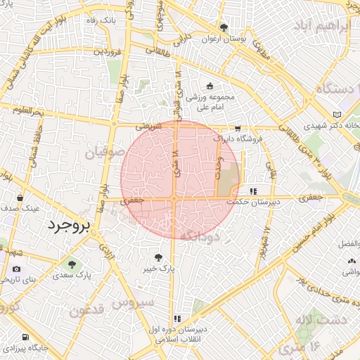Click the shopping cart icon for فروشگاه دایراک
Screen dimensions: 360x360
(238, 129)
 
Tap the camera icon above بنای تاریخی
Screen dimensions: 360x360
(17, 269)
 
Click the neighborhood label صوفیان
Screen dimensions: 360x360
(105, 152)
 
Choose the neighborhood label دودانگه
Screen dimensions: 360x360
(200, 237)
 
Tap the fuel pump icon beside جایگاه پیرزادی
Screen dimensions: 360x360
(8, 348)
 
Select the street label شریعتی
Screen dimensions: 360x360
(148, 127)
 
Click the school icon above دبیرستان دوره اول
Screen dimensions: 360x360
(177, 319)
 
